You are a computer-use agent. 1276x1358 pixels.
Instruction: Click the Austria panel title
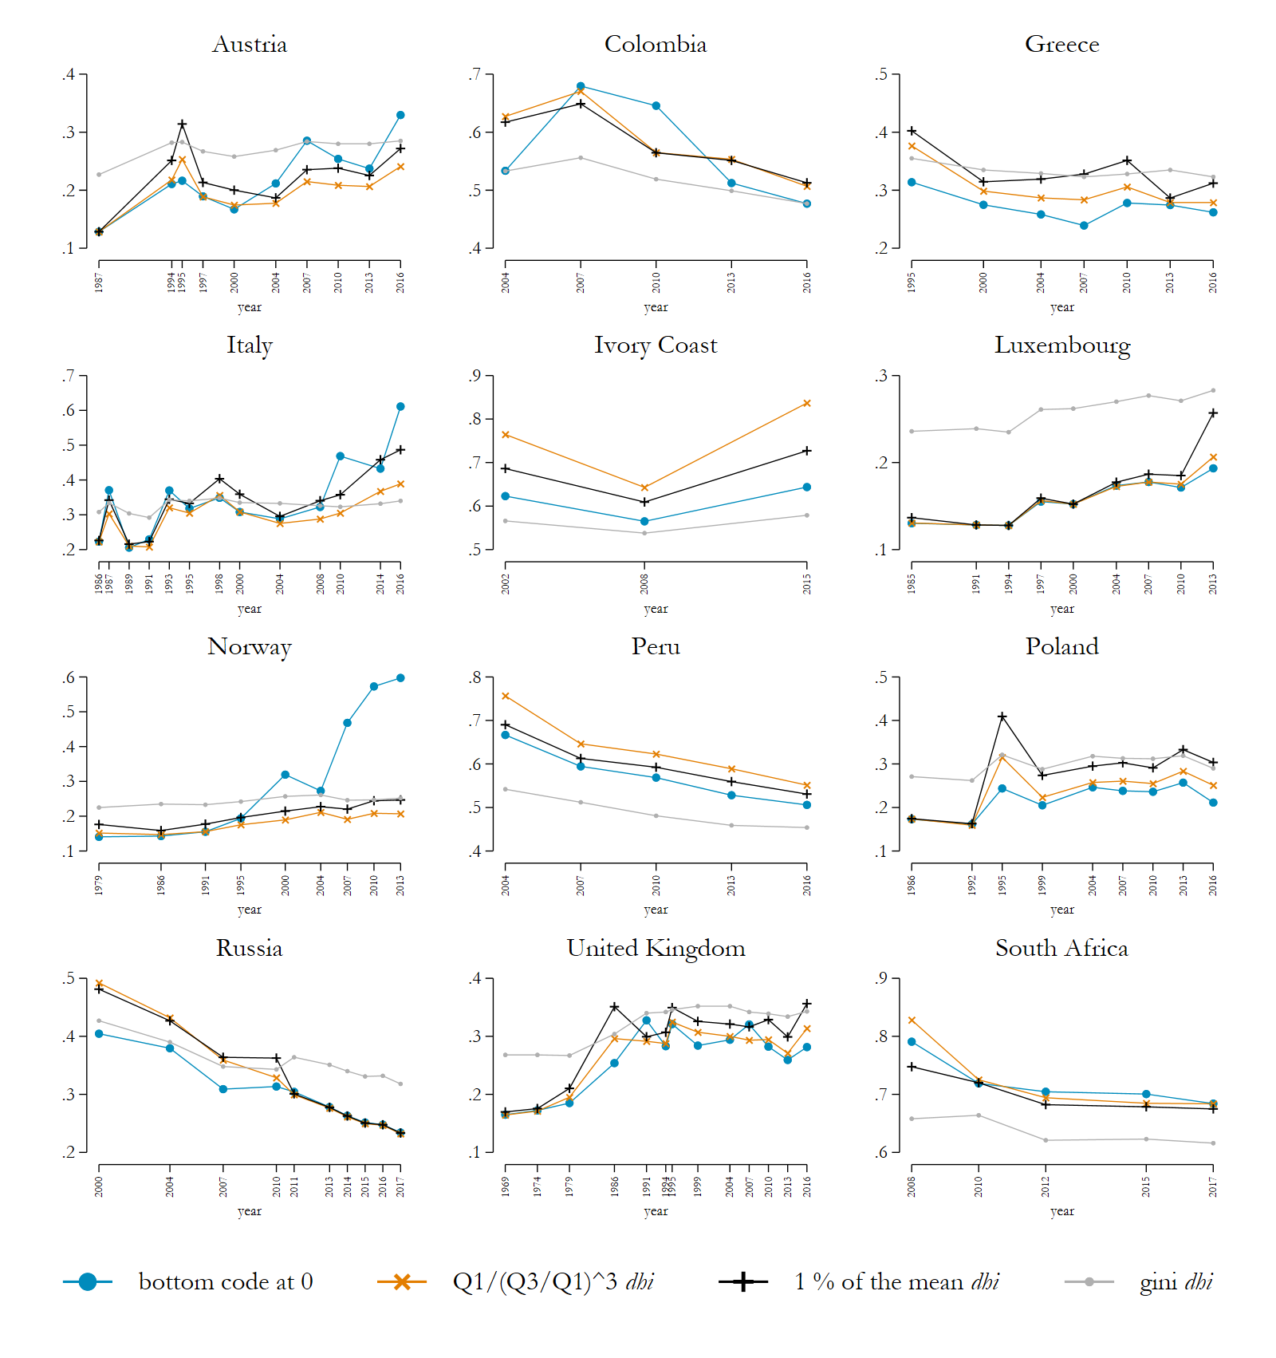pos(250,45)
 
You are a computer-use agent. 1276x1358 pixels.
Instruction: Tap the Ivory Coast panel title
pos(656,345)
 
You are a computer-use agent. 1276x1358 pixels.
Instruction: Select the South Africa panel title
pos(1061,948)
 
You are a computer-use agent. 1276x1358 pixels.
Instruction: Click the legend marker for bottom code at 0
pos(88,1281)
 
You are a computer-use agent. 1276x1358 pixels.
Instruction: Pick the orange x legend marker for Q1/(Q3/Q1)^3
pos(402,1281)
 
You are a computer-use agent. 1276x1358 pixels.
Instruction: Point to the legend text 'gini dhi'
pos(1176,1281)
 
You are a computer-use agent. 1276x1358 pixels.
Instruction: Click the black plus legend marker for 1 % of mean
pos(743,1281)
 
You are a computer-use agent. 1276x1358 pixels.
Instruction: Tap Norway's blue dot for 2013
pos(400,678)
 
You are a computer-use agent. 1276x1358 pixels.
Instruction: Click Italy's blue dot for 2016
pos(400,407)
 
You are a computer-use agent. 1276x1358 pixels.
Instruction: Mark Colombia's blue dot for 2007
pos(581,86)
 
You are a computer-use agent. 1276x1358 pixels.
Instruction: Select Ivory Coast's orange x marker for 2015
pos(807,404)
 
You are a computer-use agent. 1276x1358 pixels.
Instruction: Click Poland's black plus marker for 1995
pos(1002,717)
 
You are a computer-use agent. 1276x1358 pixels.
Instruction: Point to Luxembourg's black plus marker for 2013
pos(1213,413)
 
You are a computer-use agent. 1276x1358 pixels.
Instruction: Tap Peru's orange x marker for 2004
pos(506,697)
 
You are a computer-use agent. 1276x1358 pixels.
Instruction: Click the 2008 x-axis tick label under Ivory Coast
pos(644,584)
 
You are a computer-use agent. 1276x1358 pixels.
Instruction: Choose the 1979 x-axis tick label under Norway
pos(99,885)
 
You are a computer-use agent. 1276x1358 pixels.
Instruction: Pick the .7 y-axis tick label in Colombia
pos(475,75)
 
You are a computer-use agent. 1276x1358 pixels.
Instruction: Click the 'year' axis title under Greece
pos(1061,307)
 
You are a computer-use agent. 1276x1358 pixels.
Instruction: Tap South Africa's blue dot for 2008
pos(912,1042)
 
